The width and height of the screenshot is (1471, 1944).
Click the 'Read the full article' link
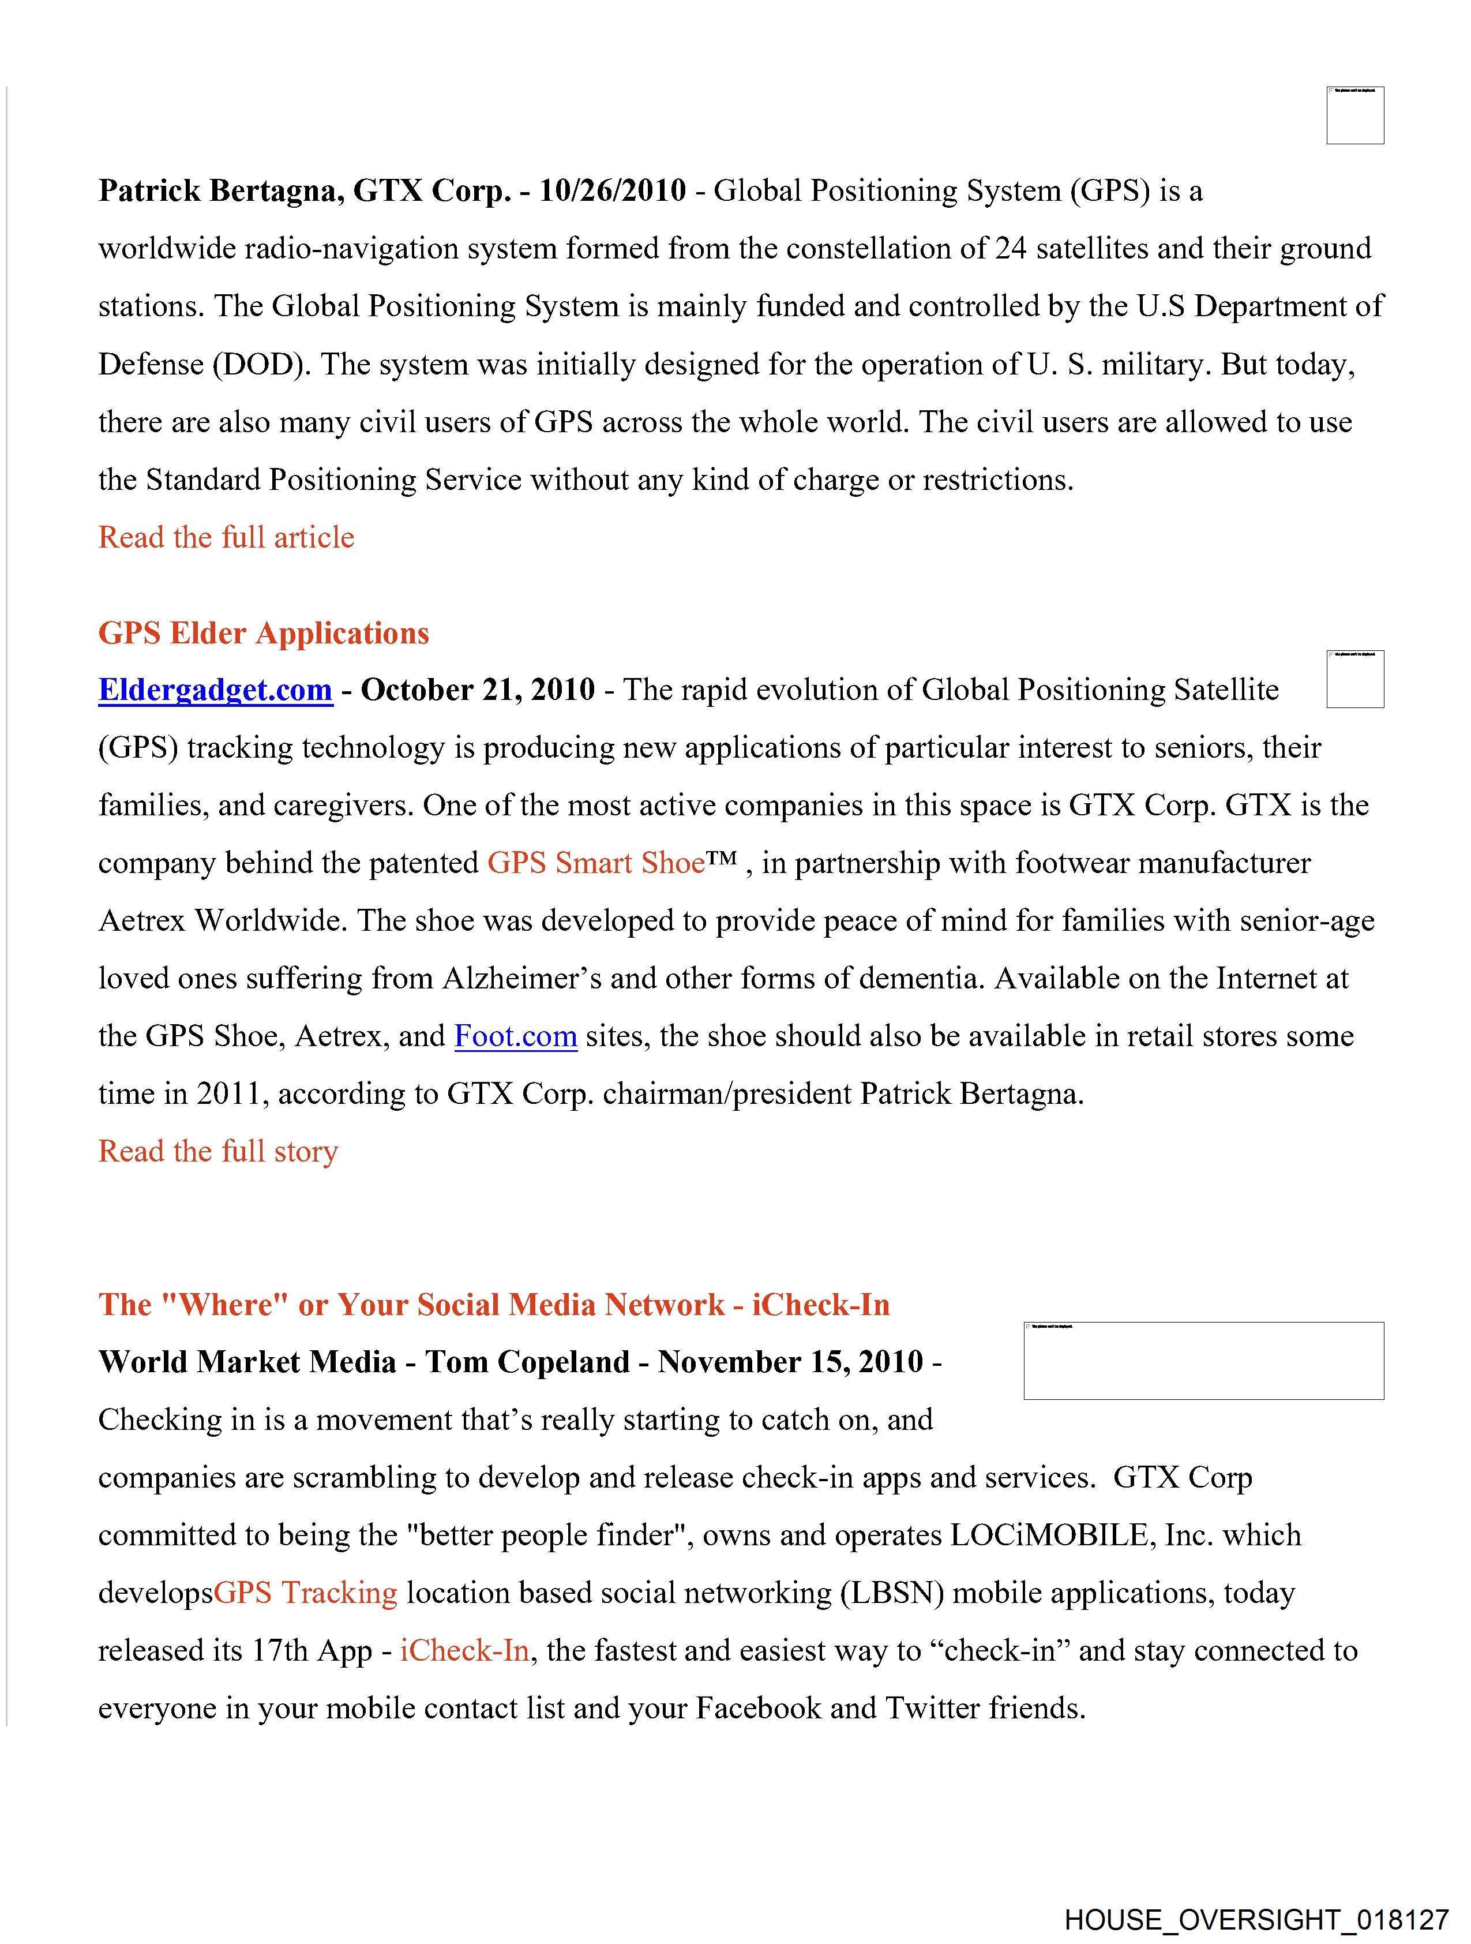tap(226, 537)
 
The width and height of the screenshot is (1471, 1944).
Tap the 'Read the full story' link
tap(218, 1151)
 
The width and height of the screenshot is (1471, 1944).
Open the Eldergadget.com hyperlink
tap(215, 690)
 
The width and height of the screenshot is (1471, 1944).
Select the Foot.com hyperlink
tap(515, 1036)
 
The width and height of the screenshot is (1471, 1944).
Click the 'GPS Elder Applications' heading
tap(264, 633)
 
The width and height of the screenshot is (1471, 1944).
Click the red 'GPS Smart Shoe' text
tap(596, 863)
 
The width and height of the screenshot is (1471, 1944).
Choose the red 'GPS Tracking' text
tap(306, 1593)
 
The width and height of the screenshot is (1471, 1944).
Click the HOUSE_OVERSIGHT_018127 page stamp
tap(1256, 1919)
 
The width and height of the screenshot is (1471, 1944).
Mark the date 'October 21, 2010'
tap(478, 690)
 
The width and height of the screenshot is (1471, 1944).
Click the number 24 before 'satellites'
tap(1011, 249)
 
